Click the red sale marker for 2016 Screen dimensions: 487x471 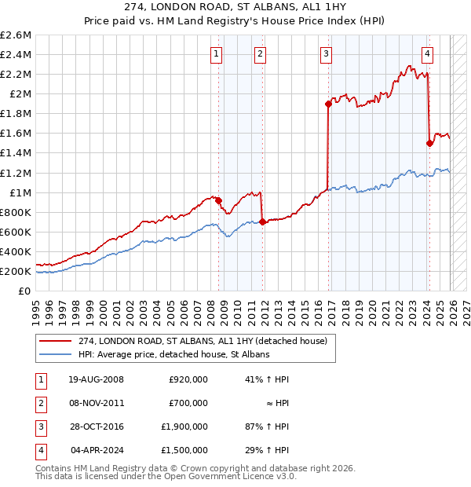328,104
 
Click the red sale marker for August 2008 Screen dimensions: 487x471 218,200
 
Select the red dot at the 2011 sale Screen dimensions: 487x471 262,222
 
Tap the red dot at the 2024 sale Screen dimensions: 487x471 429,143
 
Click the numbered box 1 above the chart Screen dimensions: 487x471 216,54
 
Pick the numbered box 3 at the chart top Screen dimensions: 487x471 325,54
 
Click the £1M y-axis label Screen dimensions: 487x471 19,192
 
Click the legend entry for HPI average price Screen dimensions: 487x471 173,355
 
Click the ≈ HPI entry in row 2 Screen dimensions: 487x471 277,403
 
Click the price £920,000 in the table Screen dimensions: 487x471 188,379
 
